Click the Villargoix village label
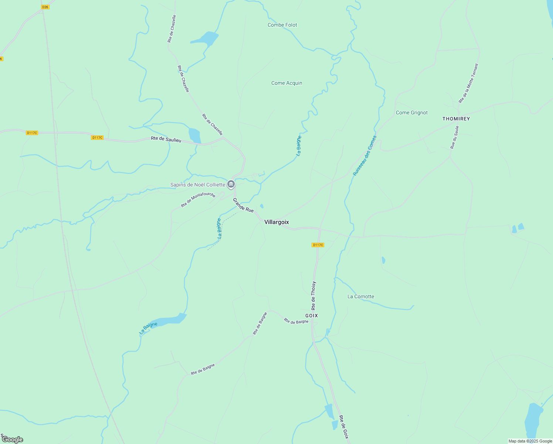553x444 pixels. pyautogui.click(x=276, y=222)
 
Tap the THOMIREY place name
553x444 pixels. pyautogui.click(x=456, y=119)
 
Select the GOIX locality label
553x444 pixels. pyautogui.click(x=311, y=316)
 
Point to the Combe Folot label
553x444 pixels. pyautogui.click(x=282, y=25)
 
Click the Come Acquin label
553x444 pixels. pyautogui.click(x=286, y=83)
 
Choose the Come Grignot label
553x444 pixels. pyautogui.click(x=411, y=112)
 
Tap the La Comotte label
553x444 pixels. pyautogui.click(x=360, y=296)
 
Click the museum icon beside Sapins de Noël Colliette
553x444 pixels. pyautogui.click(x=231, y=184)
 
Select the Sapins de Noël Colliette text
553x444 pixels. pyautogui.click(x=197, y=185)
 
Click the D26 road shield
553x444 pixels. pyautogui.click(x=45, y=7)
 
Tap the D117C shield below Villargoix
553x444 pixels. pyautogui.click(x=318, y=245)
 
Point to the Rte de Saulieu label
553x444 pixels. pyautogui.click(x=166, y=139)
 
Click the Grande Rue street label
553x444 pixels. pyautogui.click(x=243, y=205)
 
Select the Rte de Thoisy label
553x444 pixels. pyautogui.click(x=313, y=296)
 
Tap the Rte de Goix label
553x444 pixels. pyautogui.click(x=344, y=427)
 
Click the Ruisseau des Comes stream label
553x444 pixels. pyautogui.click(x=364, y=156)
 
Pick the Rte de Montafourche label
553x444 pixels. pyautogui.click(x=198, y=200)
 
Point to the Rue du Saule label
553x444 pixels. pyautogui.click(x=454, y=137)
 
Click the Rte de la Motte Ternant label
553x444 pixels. pyautogui.click(x=468, y=83)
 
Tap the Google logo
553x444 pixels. pyautogui.click(x=13, y=440)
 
